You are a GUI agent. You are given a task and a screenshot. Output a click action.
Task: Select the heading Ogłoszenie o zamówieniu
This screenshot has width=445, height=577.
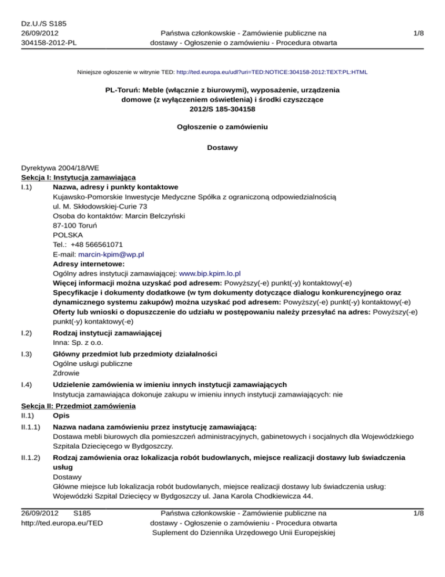[222, 126]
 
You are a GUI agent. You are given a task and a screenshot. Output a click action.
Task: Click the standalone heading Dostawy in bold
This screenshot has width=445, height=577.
[222, 147]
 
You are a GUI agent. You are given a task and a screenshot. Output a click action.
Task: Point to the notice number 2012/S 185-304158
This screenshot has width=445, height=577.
[222, 109]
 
